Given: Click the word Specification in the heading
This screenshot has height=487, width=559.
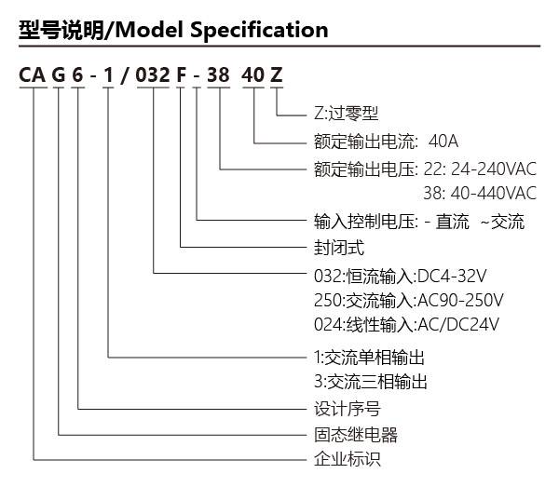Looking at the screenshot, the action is tap(259, 31).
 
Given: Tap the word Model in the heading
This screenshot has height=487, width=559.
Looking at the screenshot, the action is tap(150, 30).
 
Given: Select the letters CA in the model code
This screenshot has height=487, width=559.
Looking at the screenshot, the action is tap(33, 75).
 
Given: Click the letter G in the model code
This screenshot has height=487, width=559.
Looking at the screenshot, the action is tap(59, 75).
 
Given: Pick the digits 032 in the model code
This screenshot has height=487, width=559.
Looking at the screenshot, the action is tap(153, 75).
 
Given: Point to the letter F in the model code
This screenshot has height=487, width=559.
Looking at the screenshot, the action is tap(181, 75).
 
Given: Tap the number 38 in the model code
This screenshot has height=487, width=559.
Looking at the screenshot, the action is tap(218, 75).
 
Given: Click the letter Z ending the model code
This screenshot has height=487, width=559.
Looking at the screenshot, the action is tap(277, 75).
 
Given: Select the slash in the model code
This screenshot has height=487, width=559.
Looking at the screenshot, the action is tap(125, 75).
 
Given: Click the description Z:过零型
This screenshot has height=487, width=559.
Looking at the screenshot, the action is tap(346, 114).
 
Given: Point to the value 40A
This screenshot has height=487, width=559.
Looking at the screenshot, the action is tap(443, 142).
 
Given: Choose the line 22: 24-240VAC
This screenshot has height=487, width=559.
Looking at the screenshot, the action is tap(480, 169).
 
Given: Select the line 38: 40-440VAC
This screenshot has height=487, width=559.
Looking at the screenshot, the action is tap(480, 193).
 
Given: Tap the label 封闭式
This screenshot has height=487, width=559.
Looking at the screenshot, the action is tap(339, 248).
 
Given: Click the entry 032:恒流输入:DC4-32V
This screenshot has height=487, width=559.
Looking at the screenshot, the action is tap(401, 277).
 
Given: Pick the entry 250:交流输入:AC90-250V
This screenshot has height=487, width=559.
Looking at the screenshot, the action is tap(409, 301).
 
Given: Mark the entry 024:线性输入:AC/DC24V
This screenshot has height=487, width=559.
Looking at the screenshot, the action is tap(406, 325).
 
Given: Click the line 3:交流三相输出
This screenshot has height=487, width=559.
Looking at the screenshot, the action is tap(371, 382).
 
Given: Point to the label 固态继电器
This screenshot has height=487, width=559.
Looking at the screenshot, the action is tap(356, 435).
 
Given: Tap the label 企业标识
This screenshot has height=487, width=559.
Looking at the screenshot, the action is tap(348, 459).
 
